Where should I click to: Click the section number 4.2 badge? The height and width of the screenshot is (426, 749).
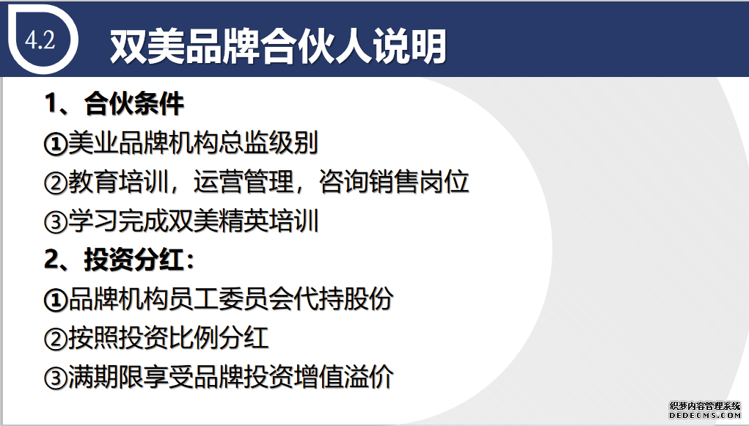tap(40, 40)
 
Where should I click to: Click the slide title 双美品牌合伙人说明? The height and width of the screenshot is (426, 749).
tap(278, 46)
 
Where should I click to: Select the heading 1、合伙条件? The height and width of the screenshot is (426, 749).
tap(114, 103)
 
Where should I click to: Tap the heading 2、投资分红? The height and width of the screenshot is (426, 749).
tap(119, 260)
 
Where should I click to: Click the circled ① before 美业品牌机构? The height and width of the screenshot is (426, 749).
tap(56, 144)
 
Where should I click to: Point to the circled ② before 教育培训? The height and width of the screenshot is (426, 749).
tap(56, 183)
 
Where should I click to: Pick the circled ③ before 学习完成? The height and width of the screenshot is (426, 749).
tap(56, 222)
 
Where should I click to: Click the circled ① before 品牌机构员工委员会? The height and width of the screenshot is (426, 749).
tap(56, 300)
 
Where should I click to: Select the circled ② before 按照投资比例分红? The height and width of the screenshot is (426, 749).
tap(56, 339)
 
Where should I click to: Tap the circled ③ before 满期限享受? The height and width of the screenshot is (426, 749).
tap(56, 378)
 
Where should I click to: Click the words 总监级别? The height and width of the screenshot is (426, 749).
tap(268, 143)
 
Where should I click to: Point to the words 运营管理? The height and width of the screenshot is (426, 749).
tap(243, 182)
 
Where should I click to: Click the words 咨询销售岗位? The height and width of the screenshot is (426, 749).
tap(394, 182)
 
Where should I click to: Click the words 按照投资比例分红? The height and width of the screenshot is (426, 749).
tap(168, 338)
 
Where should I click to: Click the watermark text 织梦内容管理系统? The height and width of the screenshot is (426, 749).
tap(704, 406)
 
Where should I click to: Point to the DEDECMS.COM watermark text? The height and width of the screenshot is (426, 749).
tap(704, 416)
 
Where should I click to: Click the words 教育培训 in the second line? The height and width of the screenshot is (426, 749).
tap(118, 182)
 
